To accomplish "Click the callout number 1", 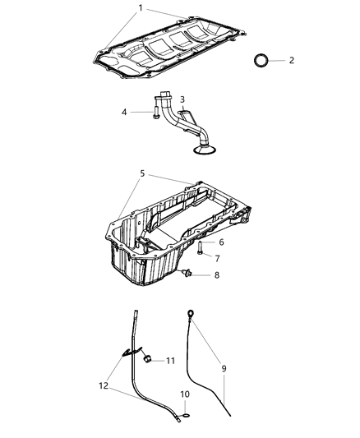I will (140, 9).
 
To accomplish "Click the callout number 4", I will (125, 112).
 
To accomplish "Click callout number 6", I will (220, 242).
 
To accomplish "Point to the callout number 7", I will (217, 259).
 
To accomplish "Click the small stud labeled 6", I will (201, 248).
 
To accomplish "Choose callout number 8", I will (217, 275).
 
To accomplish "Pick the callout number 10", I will (184, 394).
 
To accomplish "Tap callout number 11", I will (170, 361).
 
